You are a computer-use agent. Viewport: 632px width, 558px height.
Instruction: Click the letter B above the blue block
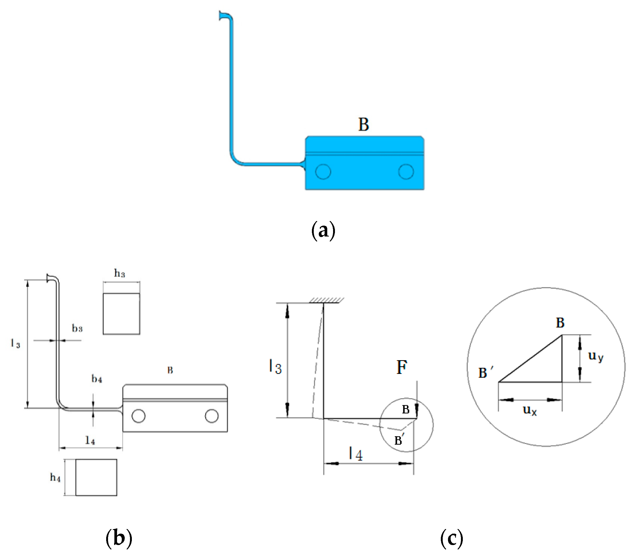[363, 124]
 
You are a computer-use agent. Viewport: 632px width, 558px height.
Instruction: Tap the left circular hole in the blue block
[323, 171]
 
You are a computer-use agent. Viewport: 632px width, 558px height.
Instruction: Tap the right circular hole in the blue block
[406, 171]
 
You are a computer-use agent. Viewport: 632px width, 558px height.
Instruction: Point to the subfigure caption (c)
[451, 538]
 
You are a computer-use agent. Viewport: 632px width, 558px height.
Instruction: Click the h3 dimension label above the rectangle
[120, 273]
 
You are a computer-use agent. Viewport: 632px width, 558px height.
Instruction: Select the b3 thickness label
[77, 328]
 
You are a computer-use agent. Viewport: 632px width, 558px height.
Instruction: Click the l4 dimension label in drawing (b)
[90, 440]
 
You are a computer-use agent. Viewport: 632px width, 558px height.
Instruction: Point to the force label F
[402, 368]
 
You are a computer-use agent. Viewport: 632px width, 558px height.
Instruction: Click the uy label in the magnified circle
[595, 356]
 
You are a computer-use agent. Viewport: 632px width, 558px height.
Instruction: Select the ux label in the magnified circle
[529, 410]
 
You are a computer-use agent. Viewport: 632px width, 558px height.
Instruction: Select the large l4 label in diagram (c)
[356, 454]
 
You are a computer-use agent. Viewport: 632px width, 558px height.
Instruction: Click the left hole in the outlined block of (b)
[138, 416]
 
